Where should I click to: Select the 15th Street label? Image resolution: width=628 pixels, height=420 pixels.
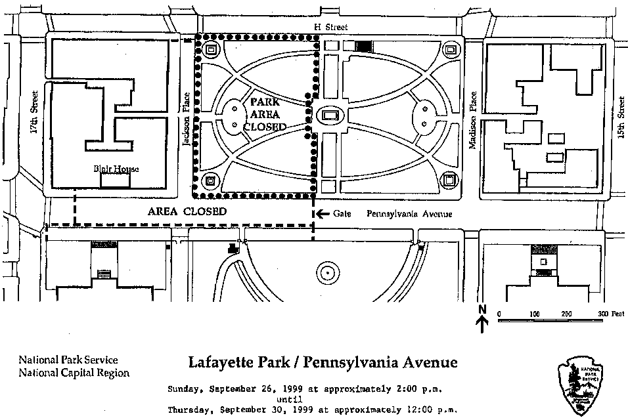[621, 113]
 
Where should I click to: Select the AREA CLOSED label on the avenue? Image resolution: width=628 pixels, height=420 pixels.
[187, 212]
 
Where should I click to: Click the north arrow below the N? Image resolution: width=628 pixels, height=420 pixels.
[483, 323]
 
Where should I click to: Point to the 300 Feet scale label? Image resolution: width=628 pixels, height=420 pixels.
[610, 314]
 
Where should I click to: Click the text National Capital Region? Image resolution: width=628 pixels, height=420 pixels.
[74, 373]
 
